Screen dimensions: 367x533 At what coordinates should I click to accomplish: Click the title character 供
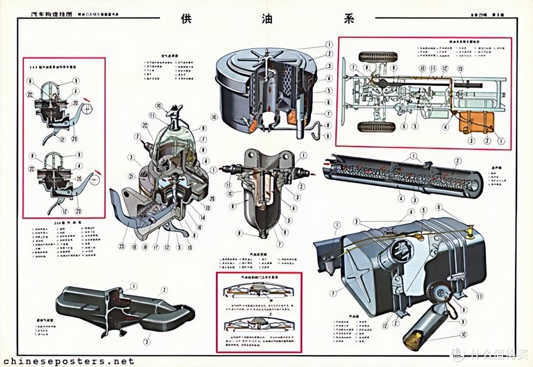pos(186,18)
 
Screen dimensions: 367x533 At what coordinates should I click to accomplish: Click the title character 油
pos(267,18)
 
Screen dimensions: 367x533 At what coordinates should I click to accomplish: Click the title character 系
pos(347,18)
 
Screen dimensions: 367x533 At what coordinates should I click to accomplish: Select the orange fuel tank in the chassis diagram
pos(476,123)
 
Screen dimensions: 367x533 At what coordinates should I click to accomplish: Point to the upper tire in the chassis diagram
pos(378,57)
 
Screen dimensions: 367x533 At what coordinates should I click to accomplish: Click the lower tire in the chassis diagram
pos(377,127)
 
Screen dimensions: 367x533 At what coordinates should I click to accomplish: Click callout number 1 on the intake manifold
pos(133,286)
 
